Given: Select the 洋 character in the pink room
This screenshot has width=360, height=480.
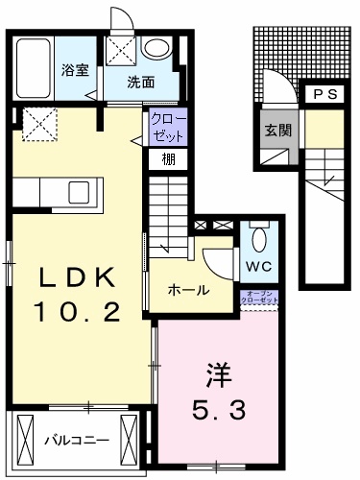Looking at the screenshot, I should [x=216, y=371].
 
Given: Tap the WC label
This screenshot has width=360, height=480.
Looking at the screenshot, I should [x=256, y=265].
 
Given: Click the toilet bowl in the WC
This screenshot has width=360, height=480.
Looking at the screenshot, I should [x=257, y=237].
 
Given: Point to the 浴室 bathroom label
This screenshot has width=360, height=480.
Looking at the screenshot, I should [x=75, y=70].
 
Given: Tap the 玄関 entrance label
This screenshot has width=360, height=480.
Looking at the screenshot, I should [x=277, y=130].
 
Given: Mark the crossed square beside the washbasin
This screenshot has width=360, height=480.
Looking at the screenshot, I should [x=122, y=48].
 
